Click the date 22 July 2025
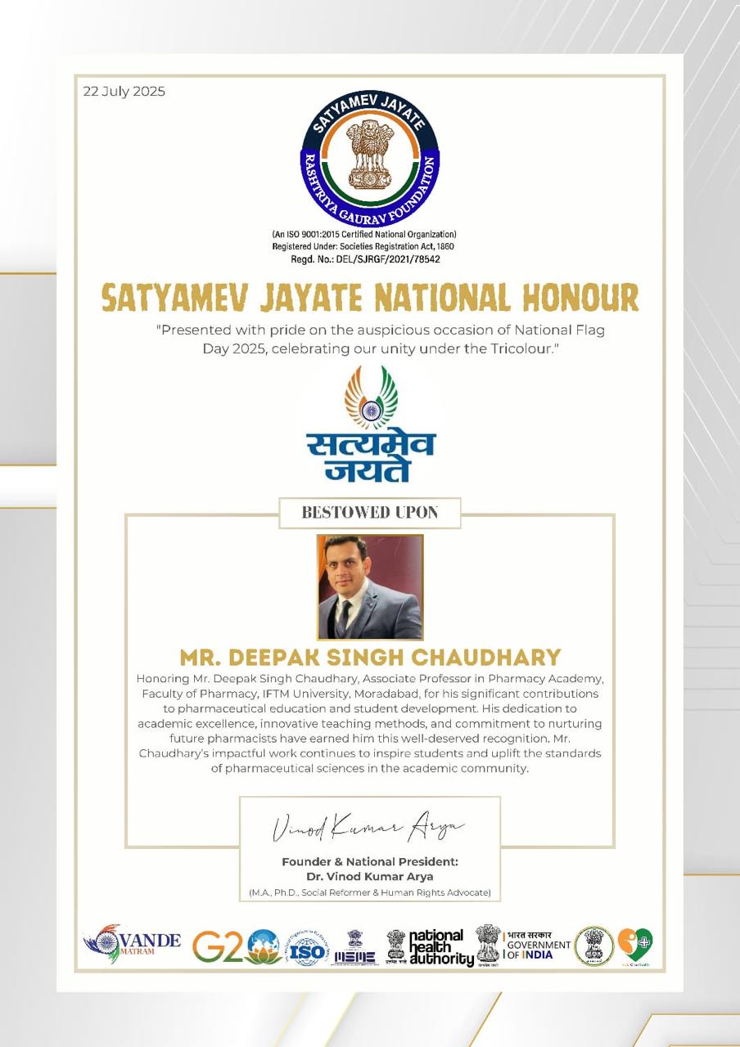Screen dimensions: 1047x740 124,91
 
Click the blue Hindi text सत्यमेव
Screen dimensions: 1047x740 370,445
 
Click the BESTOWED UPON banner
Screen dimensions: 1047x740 370,513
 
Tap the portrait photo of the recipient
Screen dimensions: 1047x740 370,587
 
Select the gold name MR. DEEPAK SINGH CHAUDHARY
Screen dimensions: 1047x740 370,657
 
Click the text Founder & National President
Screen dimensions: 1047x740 370,861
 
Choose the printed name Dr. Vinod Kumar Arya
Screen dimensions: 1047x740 370,877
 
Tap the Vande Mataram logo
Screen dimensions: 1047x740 132,943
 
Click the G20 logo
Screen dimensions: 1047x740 235,946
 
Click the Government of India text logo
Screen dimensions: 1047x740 537,946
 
